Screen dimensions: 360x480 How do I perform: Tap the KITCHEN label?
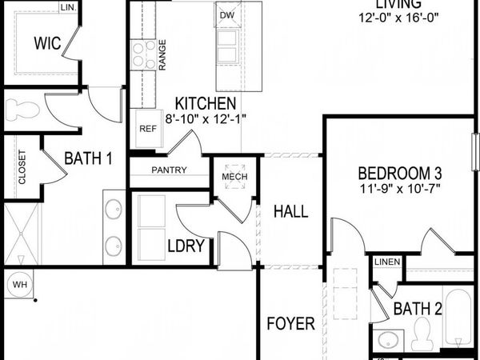tap(206, 103)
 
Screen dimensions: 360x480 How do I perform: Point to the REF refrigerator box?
tap(146, 128)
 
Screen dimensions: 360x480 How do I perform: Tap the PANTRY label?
tap(168, 170)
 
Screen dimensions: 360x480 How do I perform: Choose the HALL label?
tap(290, 211)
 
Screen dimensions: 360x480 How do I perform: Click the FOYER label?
tap(290, 323)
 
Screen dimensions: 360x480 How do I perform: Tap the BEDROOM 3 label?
tap(400, 173)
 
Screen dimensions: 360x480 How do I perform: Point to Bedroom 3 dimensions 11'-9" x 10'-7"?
tap(400, 190)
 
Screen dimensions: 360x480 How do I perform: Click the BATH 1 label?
tap(88, 158)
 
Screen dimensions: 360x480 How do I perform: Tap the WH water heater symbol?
tap(18, 283)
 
